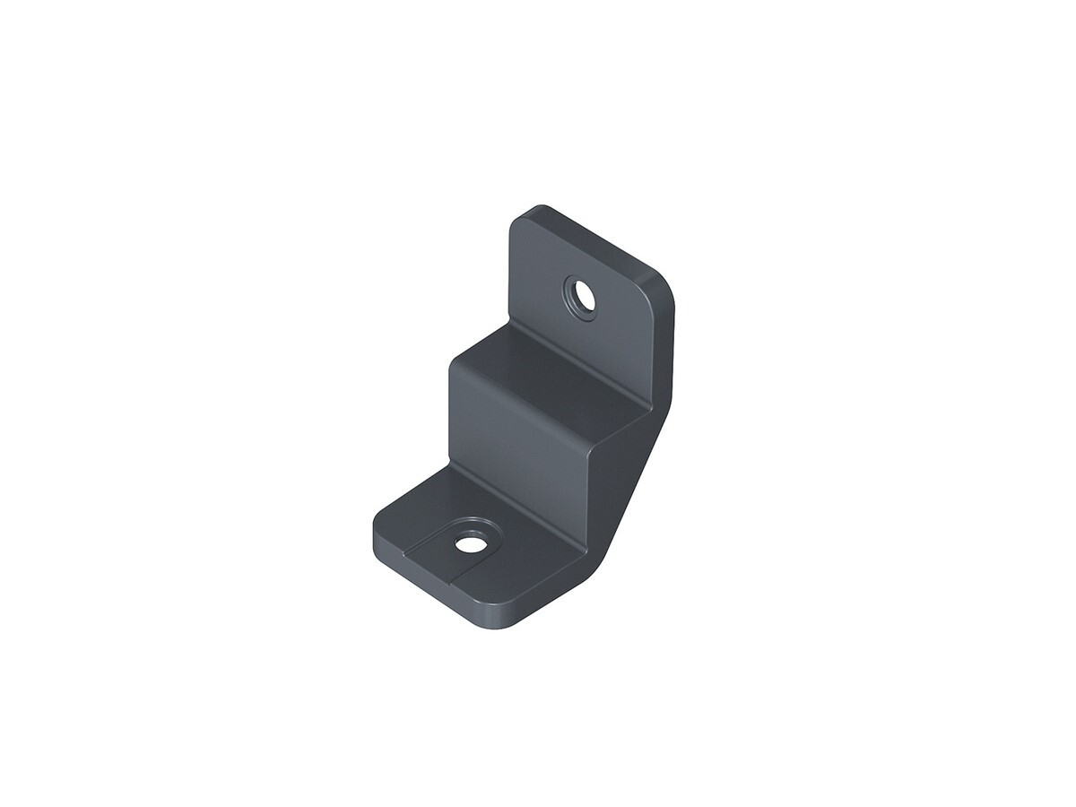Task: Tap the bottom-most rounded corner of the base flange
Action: [x=507, y=623]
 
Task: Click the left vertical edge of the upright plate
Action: [x=510, y=269]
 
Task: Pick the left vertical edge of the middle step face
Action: [x=451, y=412]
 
